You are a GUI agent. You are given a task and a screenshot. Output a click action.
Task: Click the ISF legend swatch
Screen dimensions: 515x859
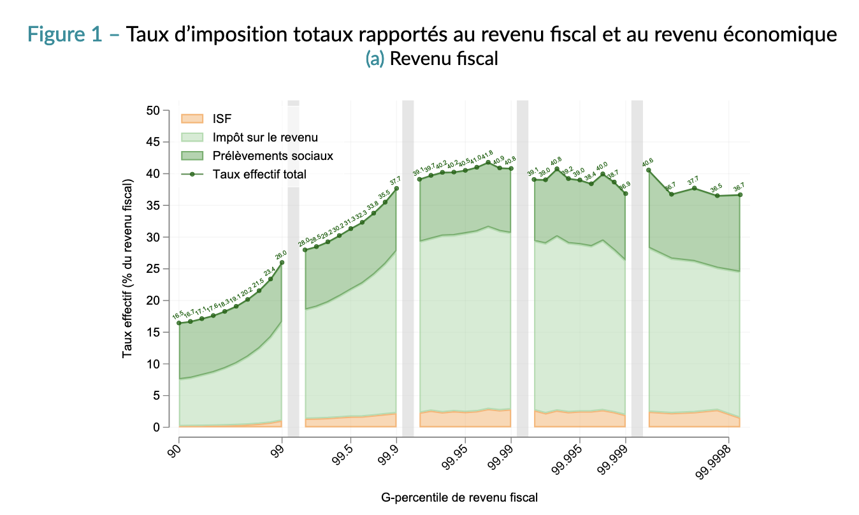192,119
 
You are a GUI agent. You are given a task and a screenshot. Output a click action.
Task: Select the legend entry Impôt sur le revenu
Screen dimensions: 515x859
265,137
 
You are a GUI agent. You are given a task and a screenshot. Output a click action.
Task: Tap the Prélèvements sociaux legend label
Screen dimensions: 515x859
273,156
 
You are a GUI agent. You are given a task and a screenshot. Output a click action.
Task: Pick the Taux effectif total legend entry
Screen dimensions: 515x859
259,174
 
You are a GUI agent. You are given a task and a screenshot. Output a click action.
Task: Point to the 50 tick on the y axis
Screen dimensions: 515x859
152,110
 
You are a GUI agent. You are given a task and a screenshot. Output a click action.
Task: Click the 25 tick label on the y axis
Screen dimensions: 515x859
152,269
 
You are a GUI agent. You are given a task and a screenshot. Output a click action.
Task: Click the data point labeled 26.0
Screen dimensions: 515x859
282,263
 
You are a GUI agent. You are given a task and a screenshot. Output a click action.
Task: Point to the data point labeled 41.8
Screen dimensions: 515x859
488,163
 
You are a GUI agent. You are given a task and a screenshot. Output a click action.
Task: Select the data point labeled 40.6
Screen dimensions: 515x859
649,170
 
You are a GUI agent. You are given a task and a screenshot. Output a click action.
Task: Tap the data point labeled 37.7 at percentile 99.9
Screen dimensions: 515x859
396,188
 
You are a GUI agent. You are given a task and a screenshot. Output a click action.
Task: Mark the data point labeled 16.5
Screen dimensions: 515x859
179,323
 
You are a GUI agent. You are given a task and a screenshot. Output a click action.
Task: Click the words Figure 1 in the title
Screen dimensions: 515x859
64,35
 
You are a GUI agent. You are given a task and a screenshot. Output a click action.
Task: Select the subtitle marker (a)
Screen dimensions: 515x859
375,59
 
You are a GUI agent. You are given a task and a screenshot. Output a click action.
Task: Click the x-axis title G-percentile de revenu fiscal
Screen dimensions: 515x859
459,497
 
